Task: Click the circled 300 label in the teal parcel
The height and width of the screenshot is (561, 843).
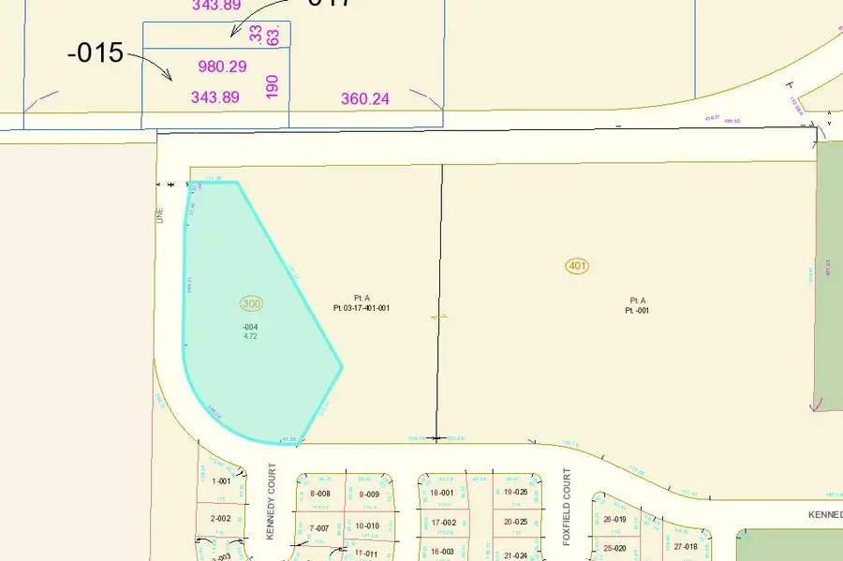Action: (x=251, y=303)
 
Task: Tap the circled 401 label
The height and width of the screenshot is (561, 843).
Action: (x=577, y=266)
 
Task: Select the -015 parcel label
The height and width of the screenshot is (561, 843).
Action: (x=96, y=53)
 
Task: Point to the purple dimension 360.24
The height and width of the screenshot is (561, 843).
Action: (x=365, y=98)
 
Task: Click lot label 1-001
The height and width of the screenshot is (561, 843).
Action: (x=221, y=481)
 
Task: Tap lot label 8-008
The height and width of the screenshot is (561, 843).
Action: (x=320, y=494)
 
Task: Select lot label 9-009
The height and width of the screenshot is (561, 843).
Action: (x=369, y=494)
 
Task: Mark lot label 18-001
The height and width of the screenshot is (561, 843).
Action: (x=442, y=493)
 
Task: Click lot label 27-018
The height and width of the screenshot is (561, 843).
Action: (x=686, y=547)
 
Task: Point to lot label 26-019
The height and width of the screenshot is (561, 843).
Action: (x=614, y=519)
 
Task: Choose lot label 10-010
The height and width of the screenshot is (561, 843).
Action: (x=367, y=526)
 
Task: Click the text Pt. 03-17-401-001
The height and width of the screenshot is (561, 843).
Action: (x=362, y=307)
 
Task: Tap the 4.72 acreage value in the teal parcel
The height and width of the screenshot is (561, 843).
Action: (x=250, y=335)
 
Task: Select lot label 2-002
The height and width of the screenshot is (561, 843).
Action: (x=220, y=518)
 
